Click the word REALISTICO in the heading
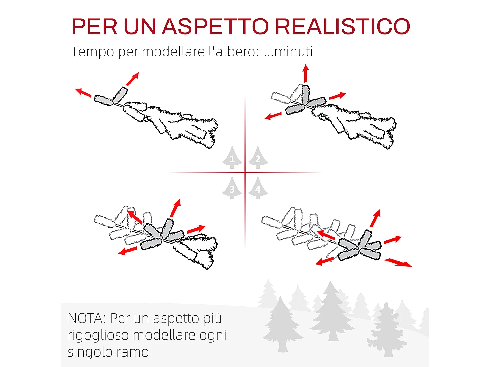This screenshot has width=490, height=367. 343,26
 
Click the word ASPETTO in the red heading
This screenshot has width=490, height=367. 215,26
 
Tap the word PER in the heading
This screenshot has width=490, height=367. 94,26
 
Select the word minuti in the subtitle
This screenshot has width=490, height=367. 293,52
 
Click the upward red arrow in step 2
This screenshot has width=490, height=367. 306,73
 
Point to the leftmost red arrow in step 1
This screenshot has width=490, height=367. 83,92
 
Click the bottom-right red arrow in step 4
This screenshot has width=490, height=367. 398,262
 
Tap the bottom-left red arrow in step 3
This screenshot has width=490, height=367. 127,251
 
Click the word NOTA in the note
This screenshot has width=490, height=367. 85,318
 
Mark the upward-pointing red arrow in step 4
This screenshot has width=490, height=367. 375,218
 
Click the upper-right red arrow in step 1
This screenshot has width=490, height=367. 132,79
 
